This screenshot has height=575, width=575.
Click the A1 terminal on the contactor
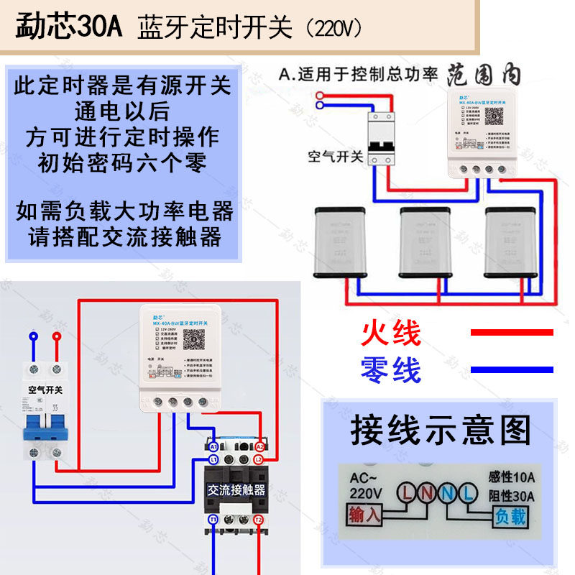213,447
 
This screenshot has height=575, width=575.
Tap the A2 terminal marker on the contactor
259,447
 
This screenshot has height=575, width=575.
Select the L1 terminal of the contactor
213,459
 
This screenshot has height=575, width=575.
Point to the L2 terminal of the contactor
259,459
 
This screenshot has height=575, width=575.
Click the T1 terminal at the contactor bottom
213,519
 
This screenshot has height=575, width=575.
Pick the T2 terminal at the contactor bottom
259,519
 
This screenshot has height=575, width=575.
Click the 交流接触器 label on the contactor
236,490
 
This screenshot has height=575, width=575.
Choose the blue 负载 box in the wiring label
509,515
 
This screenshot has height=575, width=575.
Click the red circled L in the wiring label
409,493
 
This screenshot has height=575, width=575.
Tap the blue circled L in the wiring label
468,493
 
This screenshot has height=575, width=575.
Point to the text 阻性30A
511,495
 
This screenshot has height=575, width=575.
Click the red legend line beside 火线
512,332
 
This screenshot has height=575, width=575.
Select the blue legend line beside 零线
512,369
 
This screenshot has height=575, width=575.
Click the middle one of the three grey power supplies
425,243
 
